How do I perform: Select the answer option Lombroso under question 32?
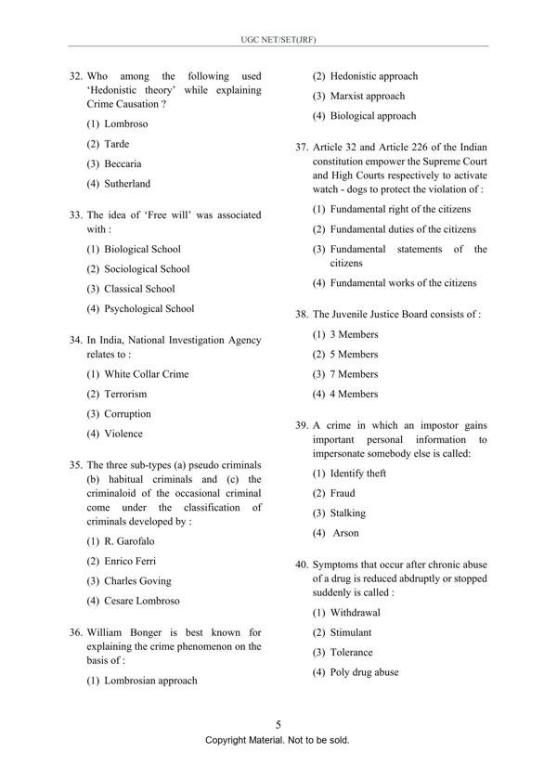(x=125, y=123)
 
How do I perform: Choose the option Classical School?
(x=139, y=289)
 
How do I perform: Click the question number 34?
(x=76, y=341)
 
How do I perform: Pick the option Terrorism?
(x=125, y=395)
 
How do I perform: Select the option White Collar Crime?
(x=146, y=374)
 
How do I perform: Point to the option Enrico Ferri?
(x=130, y=561)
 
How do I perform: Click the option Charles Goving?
(x=136, y=581)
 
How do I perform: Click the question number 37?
(x=302, y=148)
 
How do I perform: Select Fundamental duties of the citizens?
(x=403, y=229)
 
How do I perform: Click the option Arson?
(x=345, y=533)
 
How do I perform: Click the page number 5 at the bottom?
(x=278, y=724)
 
